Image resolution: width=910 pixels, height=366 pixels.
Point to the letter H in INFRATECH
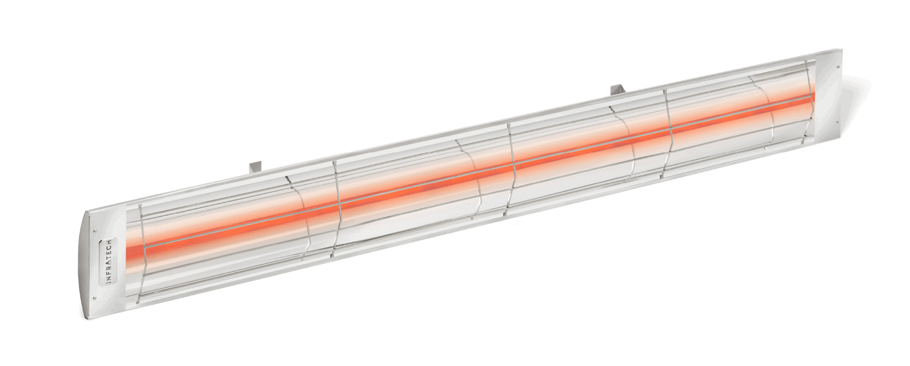pos(108,241)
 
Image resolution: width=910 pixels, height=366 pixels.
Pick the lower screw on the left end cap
pos(94,297)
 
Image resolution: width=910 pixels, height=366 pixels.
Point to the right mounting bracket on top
pos(617,90)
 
